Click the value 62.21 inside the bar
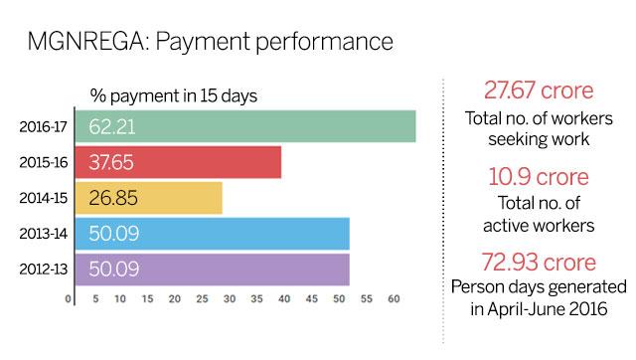point(112,126)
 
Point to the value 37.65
point(111,162)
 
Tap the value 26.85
point(111,198)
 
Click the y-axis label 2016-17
point(42,126)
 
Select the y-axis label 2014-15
point(42,198)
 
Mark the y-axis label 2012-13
point(42,270)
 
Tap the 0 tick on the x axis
point(69,297)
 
